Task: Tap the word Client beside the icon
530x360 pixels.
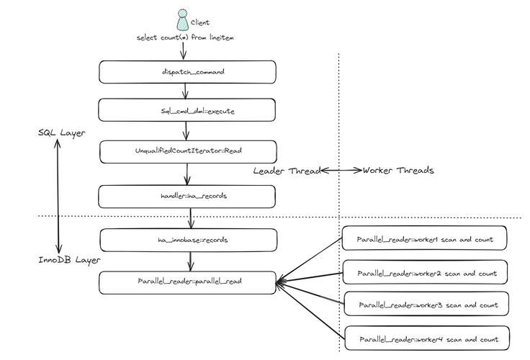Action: click(200, 23)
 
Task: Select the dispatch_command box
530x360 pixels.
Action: click(187, 71)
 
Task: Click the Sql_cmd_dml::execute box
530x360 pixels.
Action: click(187, 111)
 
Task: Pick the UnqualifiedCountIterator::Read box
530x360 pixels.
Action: click(187, 152)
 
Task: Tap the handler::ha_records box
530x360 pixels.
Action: click(187, 197)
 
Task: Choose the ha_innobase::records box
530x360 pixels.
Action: click(187, 239)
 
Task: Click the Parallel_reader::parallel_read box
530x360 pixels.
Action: click(187, 282)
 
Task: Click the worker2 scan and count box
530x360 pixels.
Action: click(426, 273)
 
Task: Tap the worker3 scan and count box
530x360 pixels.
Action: click(426, 305)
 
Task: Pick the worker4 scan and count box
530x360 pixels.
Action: click(426, 338)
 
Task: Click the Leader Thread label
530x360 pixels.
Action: click(286, 171)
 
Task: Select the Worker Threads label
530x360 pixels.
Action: click(398, 171)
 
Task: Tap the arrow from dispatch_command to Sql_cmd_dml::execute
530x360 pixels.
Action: click(186, 91)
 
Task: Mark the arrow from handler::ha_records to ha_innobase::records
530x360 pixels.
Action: click(190, 218)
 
